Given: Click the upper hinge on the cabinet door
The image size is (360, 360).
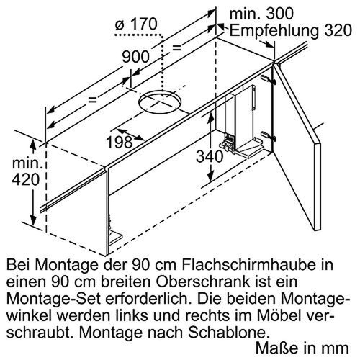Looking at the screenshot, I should pyautogui.click(x=267, y=79).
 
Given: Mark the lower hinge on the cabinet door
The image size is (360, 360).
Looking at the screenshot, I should pyautogui.click(x=267, y=134).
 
